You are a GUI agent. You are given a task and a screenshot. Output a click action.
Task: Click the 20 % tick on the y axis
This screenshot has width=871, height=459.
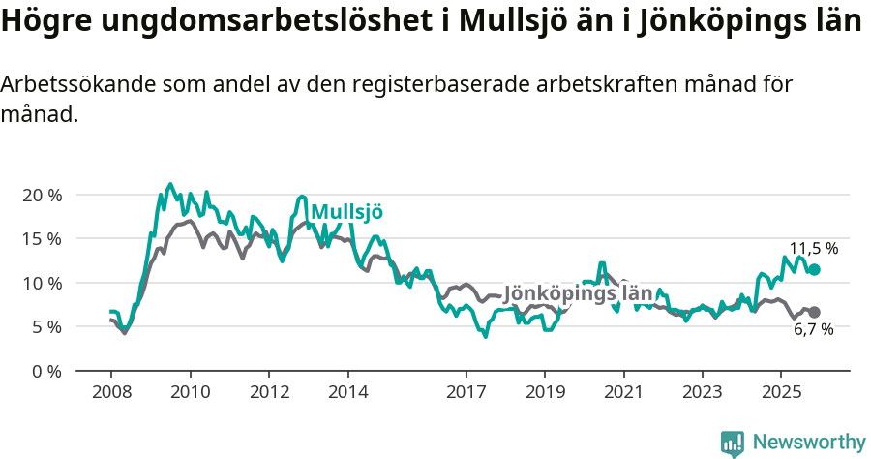click(x=42, y=195)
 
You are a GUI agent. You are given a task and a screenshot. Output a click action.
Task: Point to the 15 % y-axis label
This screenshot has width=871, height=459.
click(x=42, y=238)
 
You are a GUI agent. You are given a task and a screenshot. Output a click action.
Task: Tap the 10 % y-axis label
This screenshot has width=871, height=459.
click(x=42, y=283)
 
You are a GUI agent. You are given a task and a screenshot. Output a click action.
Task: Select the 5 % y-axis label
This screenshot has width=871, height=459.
click(x=46, y=326)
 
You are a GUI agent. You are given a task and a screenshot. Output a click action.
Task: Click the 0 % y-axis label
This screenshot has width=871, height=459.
click(x=46, y=371)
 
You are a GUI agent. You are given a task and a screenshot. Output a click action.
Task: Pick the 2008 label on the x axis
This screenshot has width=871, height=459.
click(x=111, y=392)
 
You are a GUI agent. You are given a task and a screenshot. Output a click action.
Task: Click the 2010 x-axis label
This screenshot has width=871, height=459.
click(x=190, y=392)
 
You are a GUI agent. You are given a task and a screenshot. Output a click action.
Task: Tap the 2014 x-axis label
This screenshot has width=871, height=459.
click(x=347, y=392)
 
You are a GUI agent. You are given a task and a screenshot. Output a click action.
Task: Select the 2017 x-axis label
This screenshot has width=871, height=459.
click(x=466, y=392)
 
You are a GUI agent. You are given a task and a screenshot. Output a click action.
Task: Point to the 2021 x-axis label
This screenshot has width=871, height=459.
click(x=623, y=392)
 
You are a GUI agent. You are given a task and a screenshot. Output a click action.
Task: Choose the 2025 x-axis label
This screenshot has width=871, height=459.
click(x=781, y=392)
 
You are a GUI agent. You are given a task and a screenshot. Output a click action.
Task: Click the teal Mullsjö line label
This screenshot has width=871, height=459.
click(x=346, y=212)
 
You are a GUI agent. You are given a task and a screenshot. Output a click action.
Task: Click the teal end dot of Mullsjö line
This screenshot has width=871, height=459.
click(x=815, y=269)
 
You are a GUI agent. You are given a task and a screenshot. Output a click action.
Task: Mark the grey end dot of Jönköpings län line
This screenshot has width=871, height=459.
click(x=815, y=312)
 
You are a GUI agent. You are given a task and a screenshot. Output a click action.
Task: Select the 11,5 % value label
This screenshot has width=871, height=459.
click(x=814, y=249)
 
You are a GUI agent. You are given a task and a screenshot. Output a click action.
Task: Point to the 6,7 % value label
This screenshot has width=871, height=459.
click(x=814, y=330)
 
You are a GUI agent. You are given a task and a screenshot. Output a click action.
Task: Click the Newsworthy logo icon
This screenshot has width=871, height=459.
click(x=733, y=444)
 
